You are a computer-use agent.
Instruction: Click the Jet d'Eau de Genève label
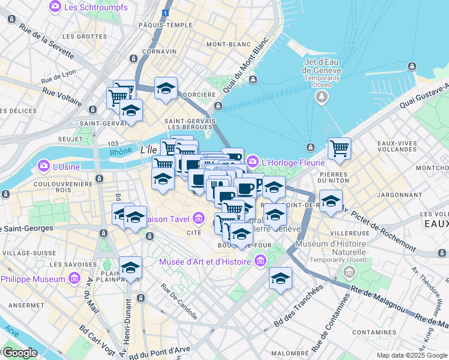pyautogui.click(x=322, y=66)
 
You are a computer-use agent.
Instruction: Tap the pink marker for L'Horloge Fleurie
pyautogui.click(x=253, y=161)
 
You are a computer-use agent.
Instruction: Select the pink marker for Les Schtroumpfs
pyautogui.click(x=55, y=6)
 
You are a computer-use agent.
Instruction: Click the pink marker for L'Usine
pyautogui.click(x=44, y=165)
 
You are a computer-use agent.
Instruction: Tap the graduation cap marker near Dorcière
pyautogui.click(x=166, y=89)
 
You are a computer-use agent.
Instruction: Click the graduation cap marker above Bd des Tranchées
pyautogui.click(x=280, y=278)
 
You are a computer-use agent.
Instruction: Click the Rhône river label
pyautogui.click(x=121, y=152)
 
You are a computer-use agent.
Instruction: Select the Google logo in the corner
pyautogui.click(x=20, y=353)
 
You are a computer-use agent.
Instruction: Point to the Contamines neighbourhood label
pyautogui.click(x=374, y=331)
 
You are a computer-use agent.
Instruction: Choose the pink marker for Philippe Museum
pyautogui.click(x=74, y=279)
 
